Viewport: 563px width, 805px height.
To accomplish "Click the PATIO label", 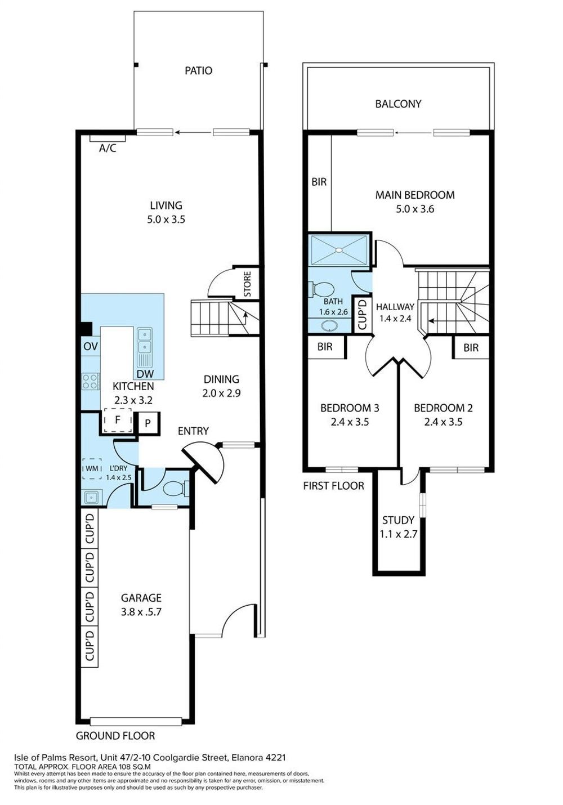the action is click(x=198, y=70).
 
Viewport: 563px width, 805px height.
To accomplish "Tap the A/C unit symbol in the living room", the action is click(x=108, y=138).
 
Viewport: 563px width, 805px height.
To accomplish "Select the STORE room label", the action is click(x=247, y=284).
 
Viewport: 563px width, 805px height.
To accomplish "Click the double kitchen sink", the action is click(x=145, y=339).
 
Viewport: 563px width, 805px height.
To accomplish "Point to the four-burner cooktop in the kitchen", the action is click(x=91, y=381).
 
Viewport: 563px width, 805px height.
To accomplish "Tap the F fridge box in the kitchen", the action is click(x=118, y=420).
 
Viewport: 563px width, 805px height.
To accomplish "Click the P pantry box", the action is click(x=148, y=423).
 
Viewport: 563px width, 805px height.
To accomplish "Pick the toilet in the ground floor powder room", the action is click(x=176, y=489).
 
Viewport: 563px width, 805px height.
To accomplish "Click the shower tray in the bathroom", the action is click(x=339, y=250).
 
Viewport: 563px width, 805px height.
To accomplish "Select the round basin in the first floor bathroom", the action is click(x=329, y=325).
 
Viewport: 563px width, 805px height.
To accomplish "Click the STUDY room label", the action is click(x=399, y=520).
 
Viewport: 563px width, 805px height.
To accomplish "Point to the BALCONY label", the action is click(x=399, y=104).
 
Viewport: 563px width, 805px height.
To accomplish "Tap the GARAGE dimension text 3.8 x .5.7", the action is click(x=141, y=611).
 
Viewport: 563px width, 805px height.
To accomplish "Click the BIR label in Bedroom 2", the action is click(x=471, y=347).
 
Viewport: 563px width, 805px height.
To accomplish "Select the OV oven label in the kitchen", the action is click(x=91, y=346).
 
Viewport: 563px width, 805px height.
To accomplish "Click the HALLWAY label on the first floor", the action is click(x=395, y=307).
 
